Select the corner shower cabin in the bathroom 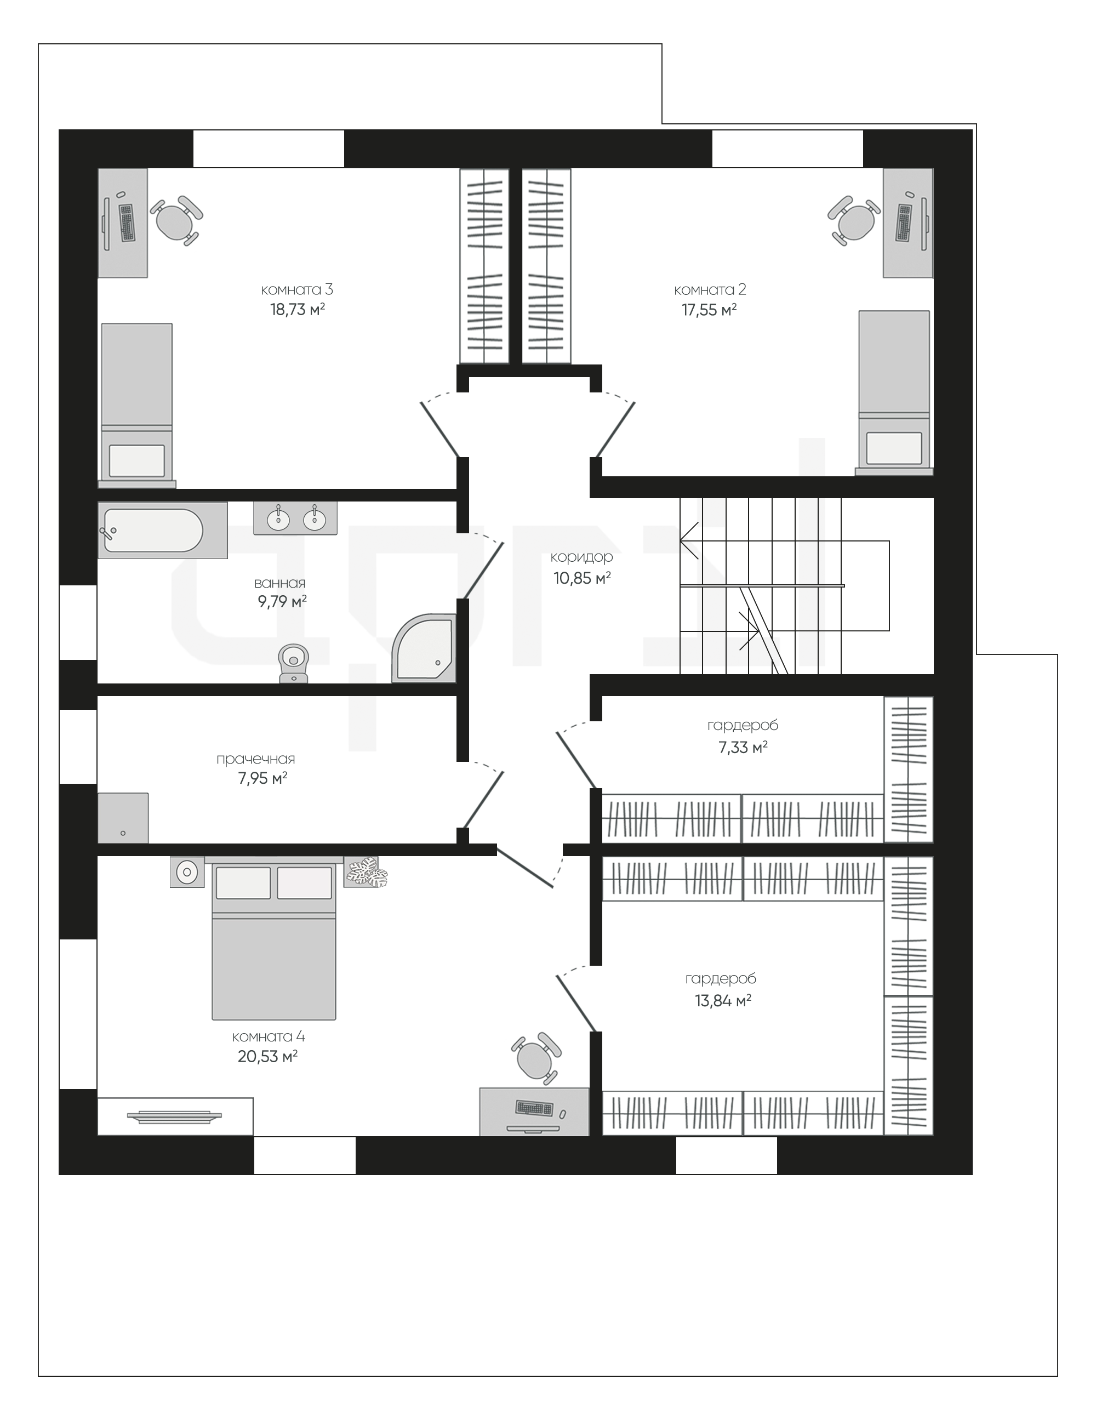coord(424,648)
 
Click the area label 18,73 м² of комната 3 coord(298,309)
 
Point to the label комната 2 coord(710,290)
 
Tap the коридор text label coord(581,557)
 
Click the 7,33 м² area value coord(743,747)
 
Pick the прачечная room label coord(256,759)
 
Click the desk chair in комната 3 coord(176,220)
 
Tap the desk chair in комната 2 coord(854,220)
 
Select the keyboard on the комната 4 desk coord(534,1108)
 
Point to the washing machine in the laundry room coord(123,818)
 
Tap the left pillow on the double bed coord(243,883)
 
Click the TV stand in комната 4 coord(175,1116)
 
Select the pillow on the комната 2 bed coord(894,448)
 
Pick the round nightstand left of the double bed coord(187,872)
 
